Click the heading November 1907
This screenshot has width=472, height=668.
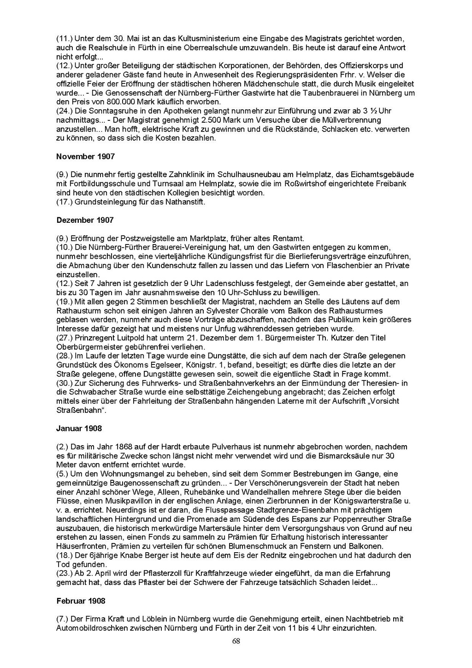tap(85, 157)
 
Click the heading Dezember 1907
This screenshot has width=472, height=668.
tap(85, 220)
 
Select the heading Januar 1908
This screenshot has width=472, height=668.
tap(79, 429)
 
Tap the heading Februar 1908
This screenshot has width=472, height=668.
tap(81, 601)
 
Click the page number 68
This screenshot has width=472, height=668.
tap(236, 641)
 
